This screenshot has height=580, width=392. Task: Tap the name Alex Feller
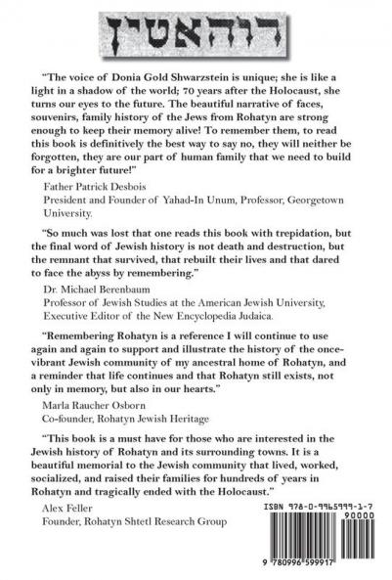pyautogui.click(x=72, y=565)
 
